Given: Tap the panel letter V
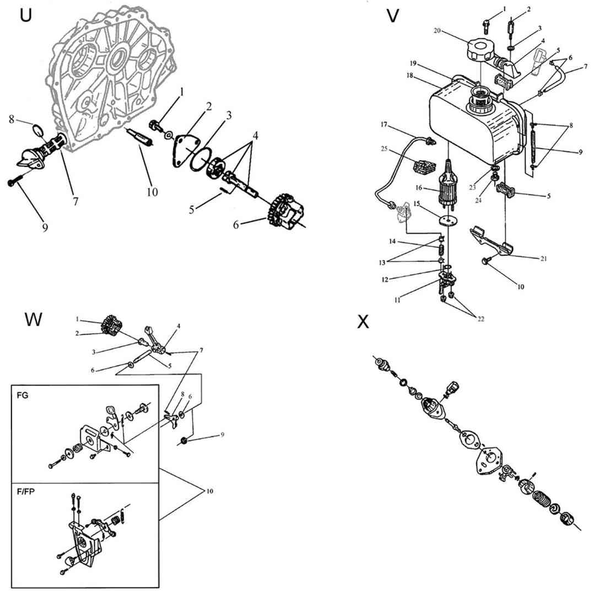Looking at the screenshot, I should pyautogui.click(x=393, y=17).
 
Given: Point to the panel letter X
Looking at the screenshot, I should pyautogui.click(x=363, y=322).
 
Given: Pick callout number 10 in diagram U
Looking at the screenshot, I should pyautogui.click(x=152, y=192).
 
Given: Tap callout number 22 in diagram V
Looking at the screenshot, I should pyautogui.click(x=480, y=319).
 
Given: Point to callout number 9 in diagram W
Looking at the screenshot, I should pyautogui.click(x=222, y=435).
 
